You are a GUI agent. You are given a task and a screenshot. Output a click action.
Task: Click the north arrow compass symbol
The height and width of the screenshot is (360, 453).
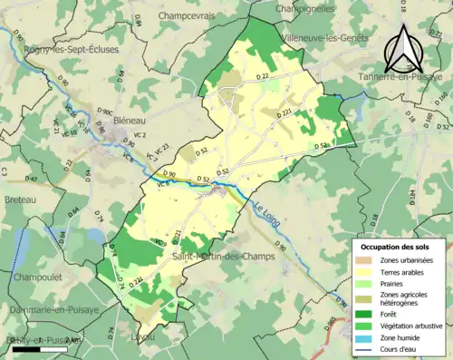pos(406,49)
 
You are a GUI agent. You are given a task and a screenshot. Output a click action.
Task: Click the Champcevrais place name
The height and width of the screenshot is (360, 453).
pos(194,15)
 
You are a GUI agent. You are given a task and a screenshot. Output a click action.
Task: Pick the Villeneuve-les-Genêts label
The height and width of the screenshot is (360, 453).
pos(325,38)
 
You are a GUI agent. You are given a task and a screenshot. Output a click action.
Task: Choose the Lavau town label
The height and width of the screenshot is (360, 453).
pos(148,336)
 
